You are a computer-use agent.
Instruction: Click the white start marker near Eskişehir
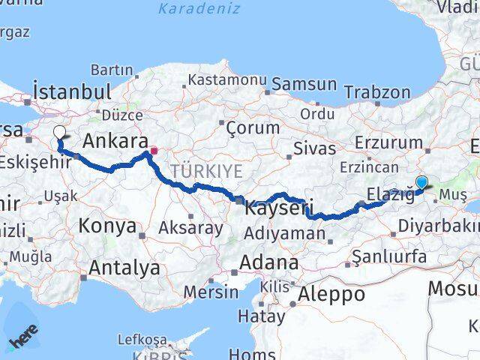click(59, 133)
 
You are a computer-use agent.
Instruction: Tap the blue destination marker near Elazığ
click(421, 182)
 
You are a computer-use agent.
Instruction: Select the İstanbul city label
click(72, 92)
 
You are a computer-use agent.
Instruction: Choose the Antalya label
click(124, 268)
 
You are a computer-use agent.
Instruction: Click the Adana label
click(268, 263)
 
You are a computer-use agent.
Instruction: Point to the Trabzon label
click(377, 93)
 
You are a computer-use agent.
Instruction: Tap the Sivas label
click(313, 147)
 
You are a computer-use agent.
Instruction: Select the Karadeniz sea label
click(199, 9)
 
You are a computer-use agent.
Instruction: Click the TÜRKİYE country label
click(206, 172)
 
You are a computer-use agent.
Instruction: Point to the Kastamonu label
click(227, 79)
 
